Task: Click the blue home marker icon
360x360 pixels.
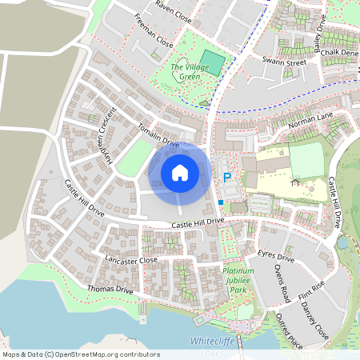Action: [180, 172]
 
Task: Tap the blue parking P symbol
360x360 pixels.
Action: [226, 178]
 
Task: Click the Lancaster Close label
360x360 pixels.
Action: [130, 260]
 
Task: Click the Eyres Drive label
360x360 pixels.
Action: [277, 256]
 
